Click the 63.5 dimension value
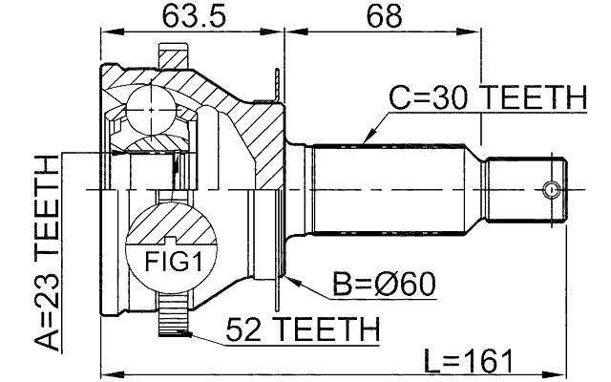tap(188, 16)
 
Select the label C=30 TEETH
tap(486, 97)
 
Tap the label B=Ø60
tap(383, 284)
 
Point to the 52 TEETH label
tap(302, 329)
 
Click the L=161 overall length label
tap(469, 360)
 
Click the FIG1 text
tap(168, 260)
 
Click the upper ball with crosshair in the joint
tap(152, 111)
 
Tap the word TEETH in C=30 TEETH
tap(535, 97)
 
